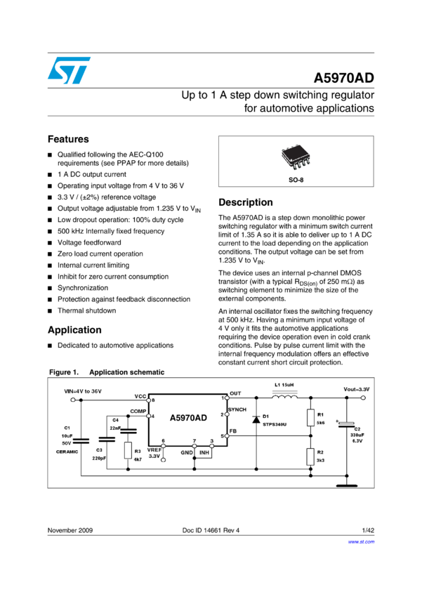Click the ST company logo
pos(69,70)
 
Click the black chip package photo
pos(296,157)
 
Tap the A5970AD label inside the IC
pos(188,418)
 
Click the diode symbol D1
pos(256,420)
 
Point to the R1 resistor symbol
pos(310,419)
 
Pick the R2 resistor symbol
pos(310,457)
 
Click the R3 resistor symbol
pos(128,450)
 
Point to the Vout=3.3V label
pos(356,389)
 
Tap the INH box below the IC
pos(204,453)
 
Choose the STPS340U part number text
pos(275,424)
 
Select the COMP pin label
pos(138,410)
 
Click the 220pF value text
pos(99,458)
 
